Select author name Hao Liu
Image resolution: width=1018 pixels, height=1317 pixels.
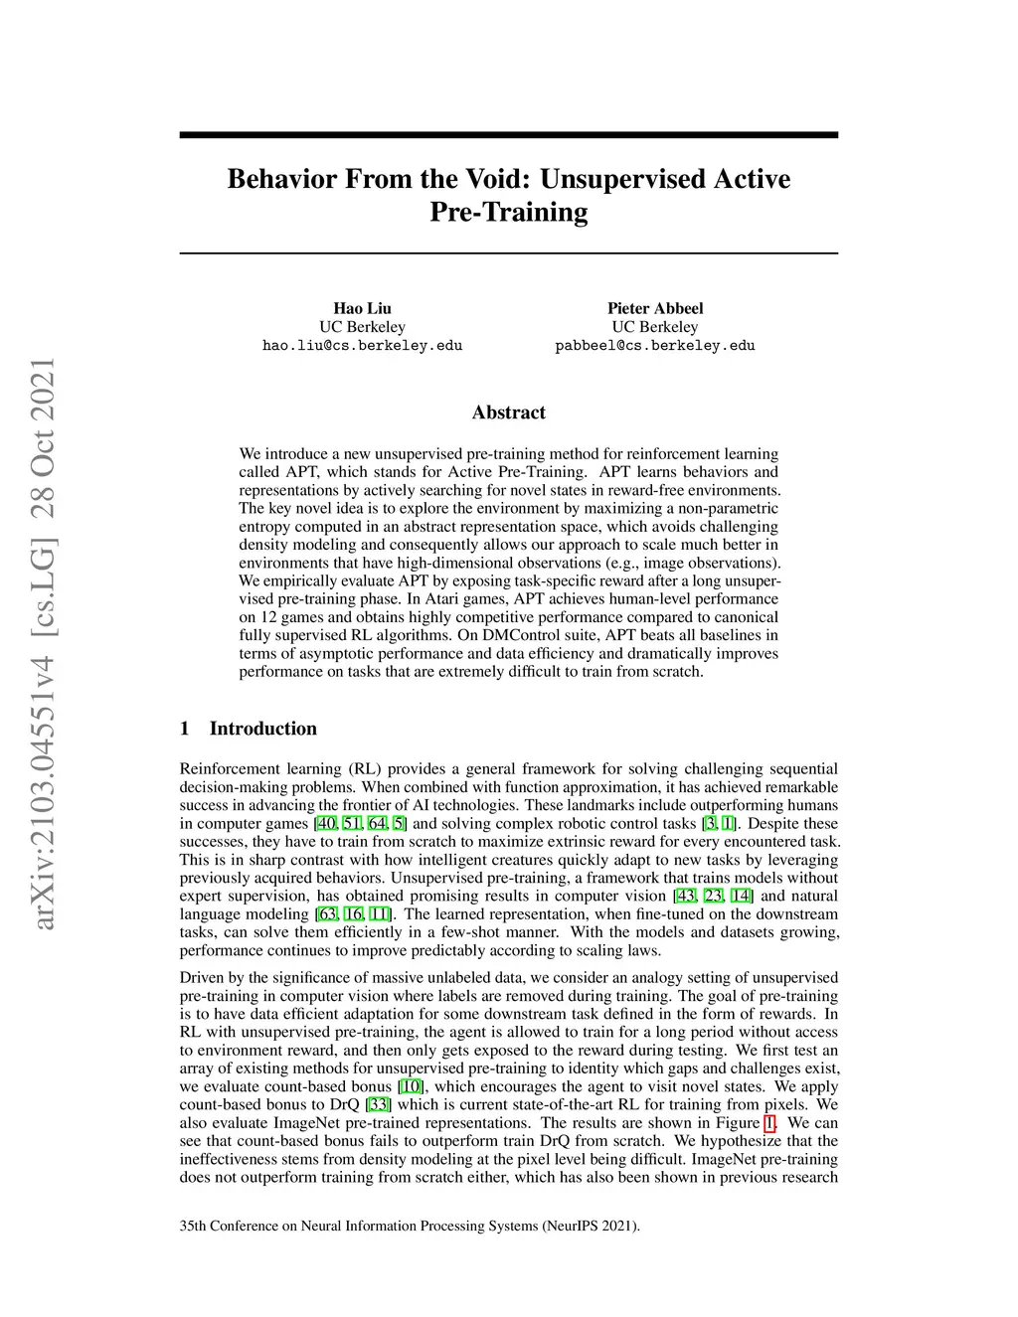[x=362, y=308]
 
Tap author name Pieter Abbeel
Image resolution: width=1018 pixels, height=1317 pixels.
[x=655, y=308]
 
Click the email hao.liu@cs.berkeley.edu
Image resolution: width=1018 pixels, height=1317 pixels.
[x=362, y=346]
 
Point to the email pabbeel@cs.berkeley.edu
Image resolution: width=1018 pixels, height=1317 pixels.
[x=655, y=346]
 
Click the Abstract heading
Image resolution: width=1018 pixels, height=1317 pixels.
[x=508, y=412]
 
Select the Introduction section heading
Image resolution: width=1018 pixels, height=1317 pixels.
[x=262, y=729]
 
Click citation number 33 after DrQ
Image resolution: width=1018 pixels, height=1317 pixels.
[x=378, y=1105]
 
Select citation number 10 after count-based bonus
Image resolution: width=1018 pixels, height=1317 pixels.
[x=409, y=1086]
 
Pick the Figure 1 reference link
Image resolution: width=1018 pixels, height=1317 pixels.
[x=768, y=1123]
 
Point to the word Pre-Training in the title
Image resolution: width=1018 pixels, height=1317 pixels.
[x=508, y=213]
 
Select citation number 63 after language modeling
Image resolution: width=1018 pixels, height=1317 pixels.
[x=327, y=914]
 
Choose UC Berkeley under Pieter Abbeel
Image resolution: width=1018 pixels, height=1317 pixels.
[x=655, y=327]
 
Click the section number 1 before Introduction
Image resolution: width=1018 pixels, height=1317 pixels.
[x=185, y=729]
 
